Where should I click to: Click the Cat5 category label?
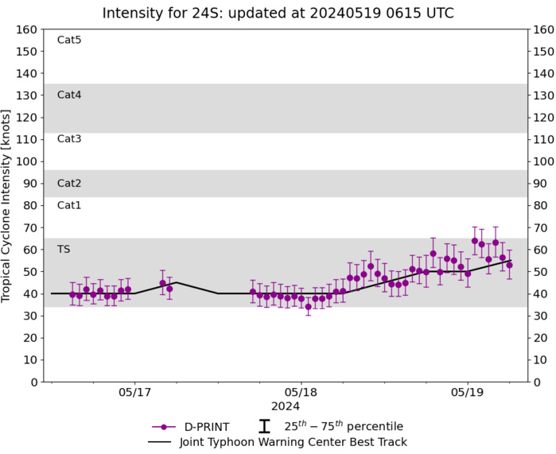coord(69,40)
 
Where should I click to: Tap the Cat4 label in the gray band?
coord(69,95)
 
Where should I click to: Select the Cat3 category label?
coord(69,139)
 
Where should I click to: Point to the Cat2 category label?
coord(69,183)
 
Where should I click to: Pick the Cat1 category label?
coord(69,205)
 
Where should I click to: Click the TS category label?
coord(64,249)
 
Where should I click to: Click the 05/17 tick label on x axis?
coord(134,393)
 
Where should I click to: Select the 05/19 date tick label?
coord(467,393)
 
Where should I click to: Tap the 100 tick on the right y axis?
coord(542,161)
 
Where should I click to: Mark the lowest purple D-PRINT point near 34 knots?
coord(309,306)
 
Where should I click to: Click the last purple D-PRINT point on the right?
coord(509,265)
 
